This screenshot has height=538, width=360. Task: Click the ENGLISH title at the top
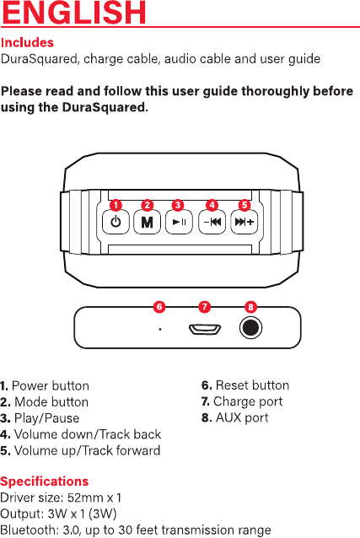click(74, 12)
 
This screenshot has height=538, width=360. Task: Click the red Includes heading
click(27, 42)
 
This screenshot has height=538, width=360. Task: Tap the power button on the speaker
click(116, 222)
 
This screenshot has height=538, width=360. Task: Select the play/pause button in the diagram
click(179, 222)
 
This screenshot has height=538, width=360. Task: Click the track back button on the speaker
click(212, 222)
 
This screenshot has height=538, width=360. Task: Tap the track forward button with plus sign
click(244, 222)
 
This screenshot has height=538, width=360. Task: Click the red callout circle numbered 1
click(116, 205)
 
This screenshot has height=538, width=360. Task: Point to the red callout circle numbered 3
click(178, 205)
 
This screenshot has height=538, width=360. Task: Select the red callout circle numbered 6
click(159, 306)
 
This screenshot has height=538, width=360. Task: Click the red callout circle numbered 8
click(250, 307)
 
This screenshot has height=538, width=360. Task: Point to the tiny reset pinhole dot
click(160, 330)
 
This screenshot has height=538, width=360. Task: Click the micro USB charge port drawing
click(205, 330)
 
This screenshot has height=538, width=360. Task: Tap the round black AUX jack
click(251, 327)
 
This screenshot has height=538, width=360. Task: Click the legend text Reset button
click(252, 385)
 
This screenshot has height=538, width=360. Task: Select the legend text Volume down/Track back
click(88, 434)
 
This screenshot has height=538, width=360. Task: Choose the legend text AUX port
click(242, 417)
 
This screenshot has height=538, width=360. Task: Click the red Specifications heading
click(45, 482)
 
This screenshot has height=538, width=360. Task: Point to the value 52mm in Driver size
click(85, 498)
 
